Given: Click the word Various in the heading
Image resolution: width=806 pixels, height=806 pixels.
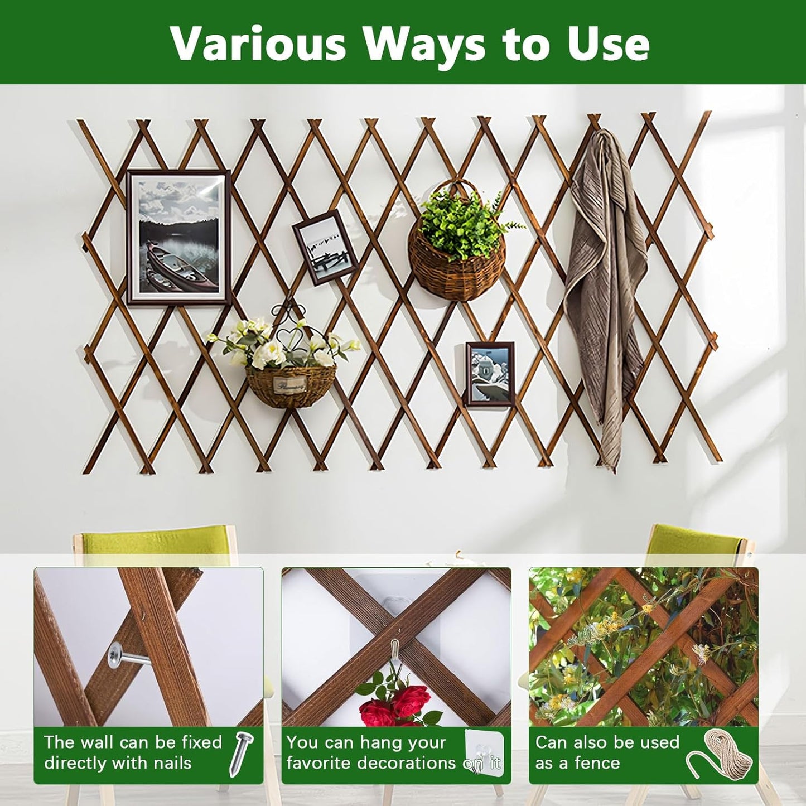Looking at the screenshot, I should click(x=258, y=44).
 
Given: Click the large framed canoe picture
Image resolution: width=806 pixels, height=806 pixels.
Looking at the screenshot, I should click(x=178, y=238).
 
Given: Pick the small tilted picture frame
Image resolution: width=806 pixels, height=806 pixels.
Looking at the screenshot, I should click(x=325, y=247).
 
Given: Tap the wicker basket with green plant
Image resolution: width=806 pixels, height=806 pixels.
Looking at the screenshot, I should click(x=457, y=245).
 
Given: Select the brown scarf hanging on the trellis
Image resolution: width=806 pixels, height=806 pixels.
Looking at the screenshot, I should click(x=605, y=279).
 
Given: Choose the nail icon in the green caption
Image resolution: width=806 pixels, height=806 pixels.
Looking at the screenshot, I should click(x=241, y=754).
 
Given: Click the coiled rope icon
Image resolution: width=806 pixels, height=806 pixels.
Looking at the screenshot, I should click(x=722, y=754).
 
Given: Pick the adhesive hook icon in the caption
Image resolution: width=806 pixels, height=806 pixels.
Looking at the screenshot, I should click(x=484, y=753).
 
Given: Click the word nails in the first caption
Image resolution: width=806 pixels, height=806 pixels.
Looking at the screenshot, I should click(x=167, y=763).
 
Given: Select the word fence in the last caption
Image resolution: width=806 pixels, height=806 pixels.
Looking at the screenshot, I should click(x=596, y=763).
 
